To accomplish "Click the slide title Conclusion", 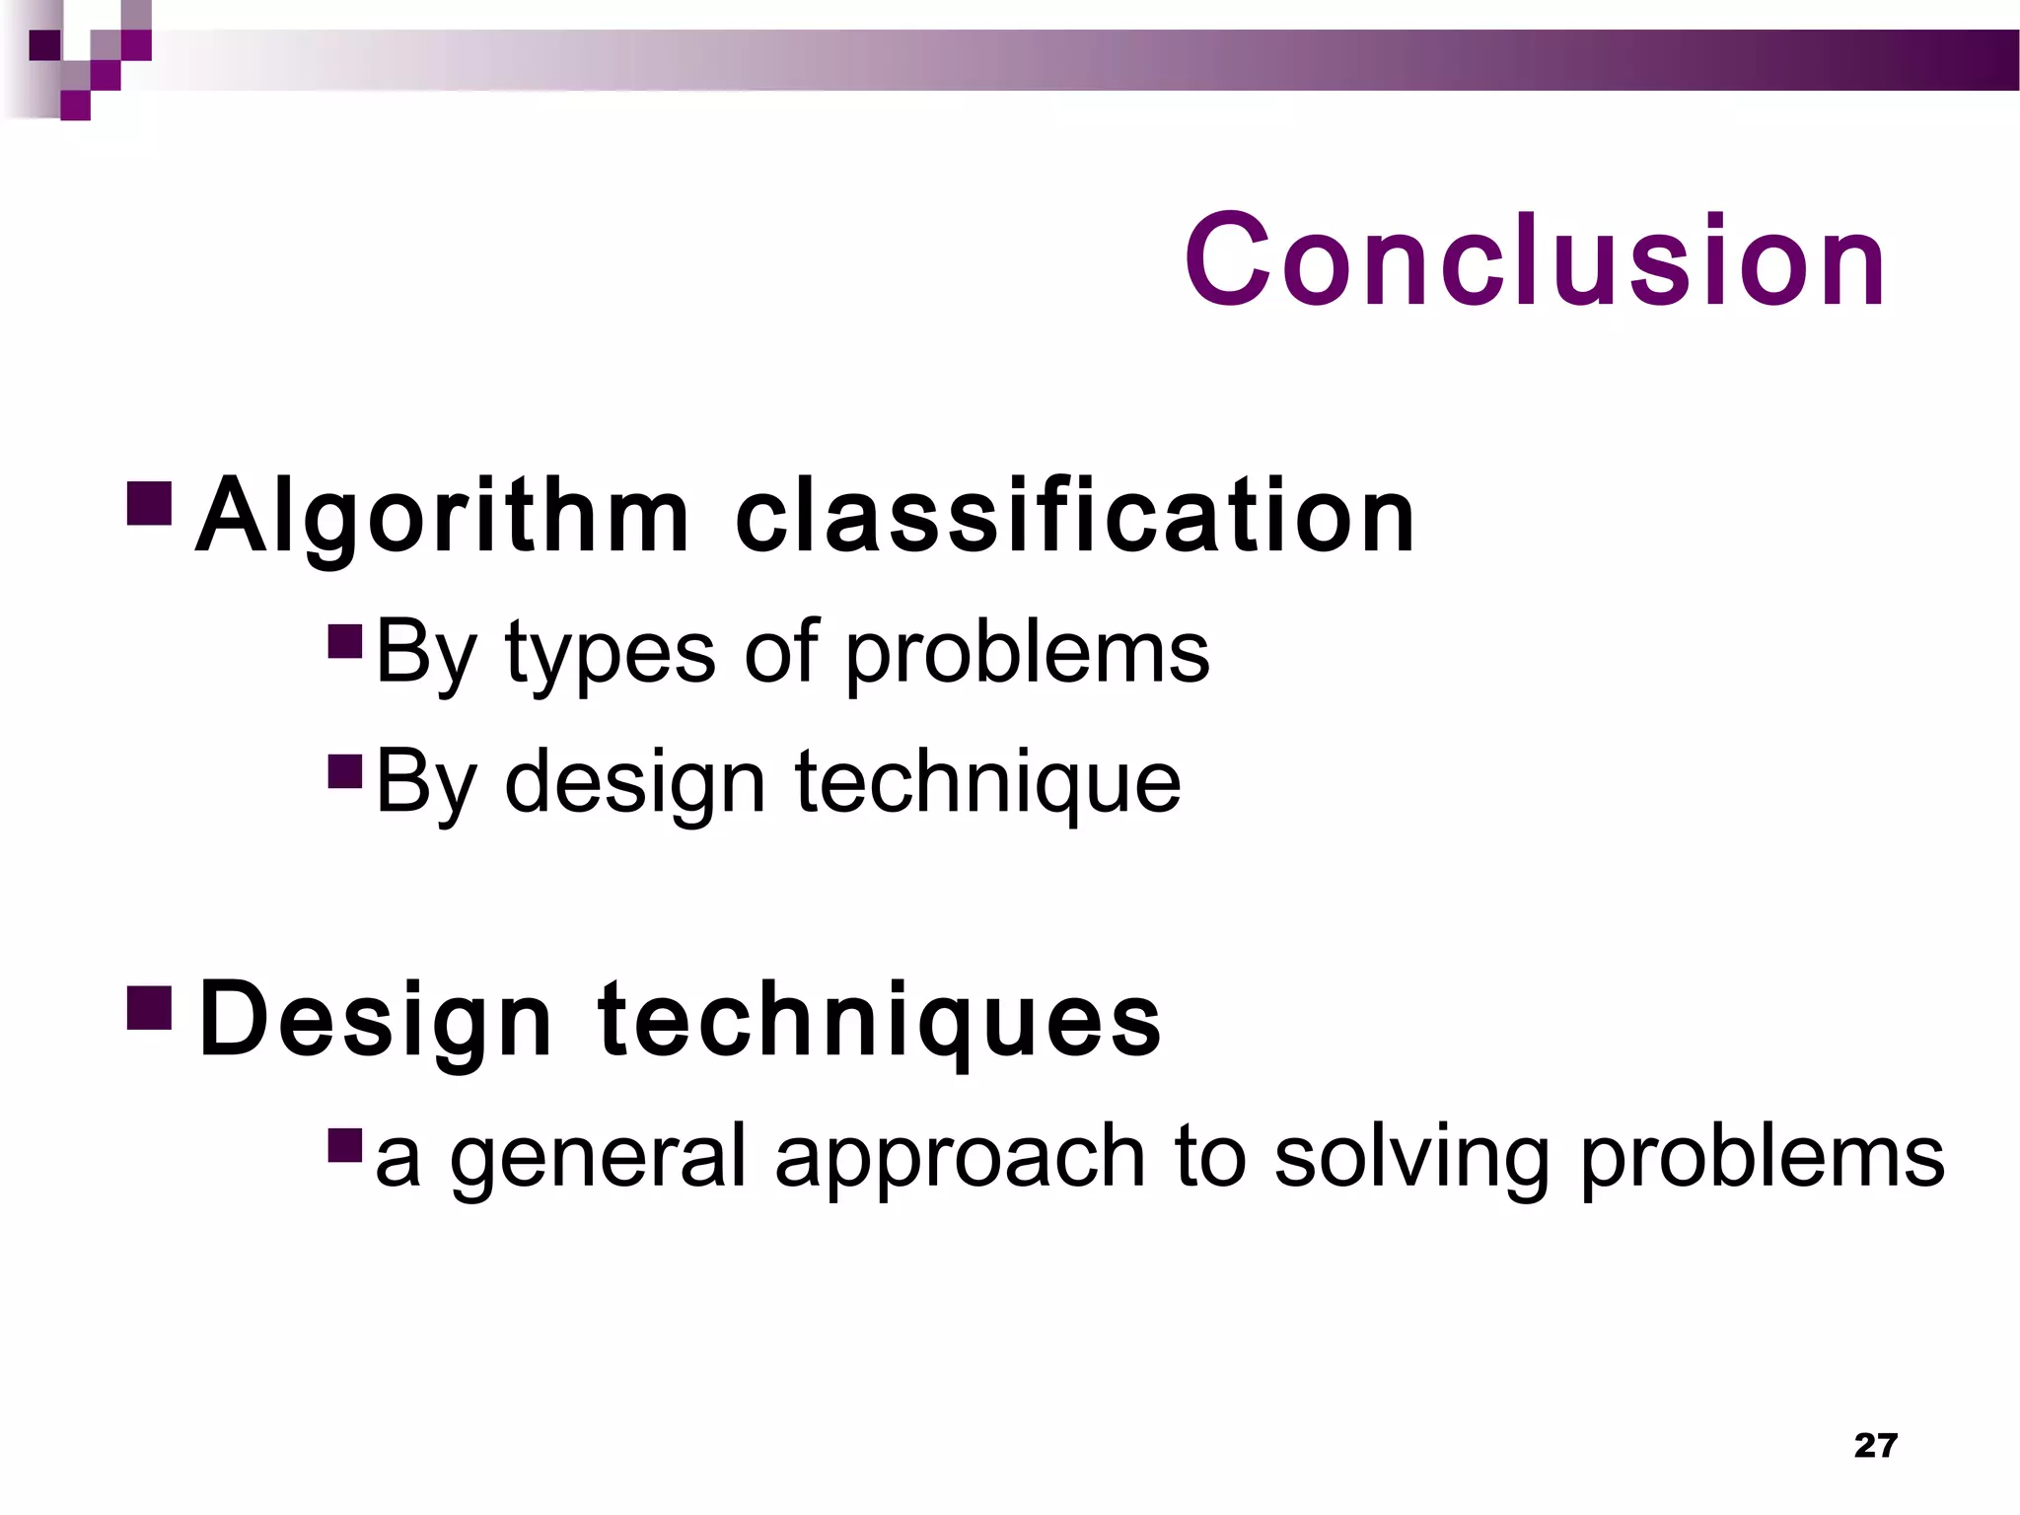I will point(1534,261).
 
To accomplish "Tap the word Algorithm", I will point(442,517).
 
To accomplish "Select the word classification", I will point(1075,517).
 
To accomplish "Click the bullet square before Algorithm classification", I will point(150,502).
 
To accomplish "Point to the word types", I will point(610,655).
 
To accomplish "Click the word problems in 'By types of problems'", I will point(1028,655).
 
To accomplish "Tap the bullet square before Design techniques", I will point(150,1005).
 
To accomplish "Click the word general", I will point(598,1158).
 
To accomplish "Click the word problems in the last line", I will point(1762,1158).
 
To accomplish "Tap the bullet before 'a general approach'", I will point(345,1143).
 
